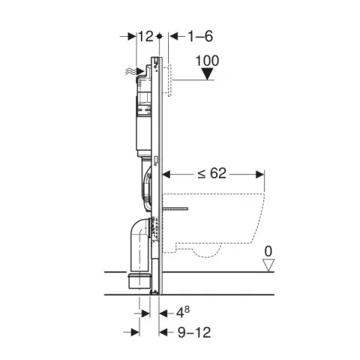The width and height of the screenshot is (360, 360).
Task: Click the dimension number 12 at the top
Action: coord(145,37)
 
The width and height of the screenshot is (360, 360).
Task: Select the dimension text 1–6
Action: coord(200,37)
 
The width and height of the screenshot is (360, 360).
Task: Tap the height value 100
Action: coord(207,61)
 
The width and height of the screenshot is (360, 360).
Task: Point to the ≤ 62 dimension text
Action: coord(212,173)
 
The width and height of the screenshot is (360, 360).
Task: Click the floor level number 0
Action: coord(268,251)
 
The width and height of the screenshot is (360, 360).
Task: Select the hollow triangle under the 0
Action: coord(268,265)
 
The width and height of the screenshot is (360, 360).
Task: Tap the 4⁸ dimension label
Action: coord(183,312)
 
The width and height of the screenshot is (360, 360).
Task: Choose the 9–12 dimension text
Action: coord(194,332)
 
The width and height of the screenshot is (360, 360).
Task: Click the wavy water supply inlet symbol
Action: coord(130,72)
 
